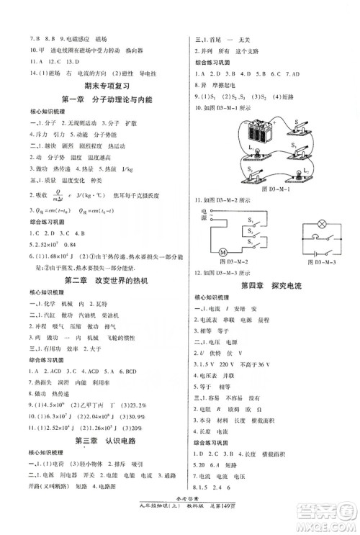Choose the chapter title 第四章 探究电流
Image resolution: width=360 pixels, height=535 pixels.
[270, 287]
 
